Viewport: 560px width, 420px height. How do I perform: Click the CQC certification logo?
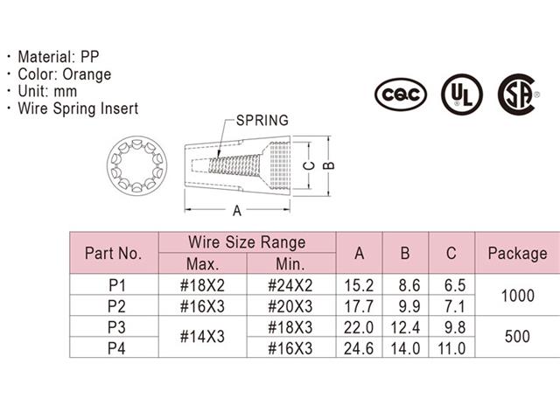tap(401, 92)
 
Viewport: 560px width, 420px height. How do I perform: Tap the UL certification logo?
tap(461, 92)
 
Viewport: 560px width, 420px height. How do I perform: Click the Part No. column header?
tap(113, 254)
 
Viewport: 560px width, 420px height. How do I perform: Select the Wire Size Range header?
tap(247, 242)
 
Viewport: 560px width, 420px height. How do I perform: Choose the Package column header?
tap(517, 254)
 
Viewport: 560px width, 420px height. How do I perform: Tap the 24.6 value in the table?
tap(358, 348)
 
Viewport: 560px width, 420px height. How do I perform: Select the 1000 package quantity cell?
tap(516, 296)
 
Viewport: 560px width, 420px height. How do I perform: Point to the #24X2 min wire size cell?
tap(292, 285)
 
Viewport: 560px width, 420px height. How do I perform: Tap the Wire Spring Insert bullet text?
tap(78, 109)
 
